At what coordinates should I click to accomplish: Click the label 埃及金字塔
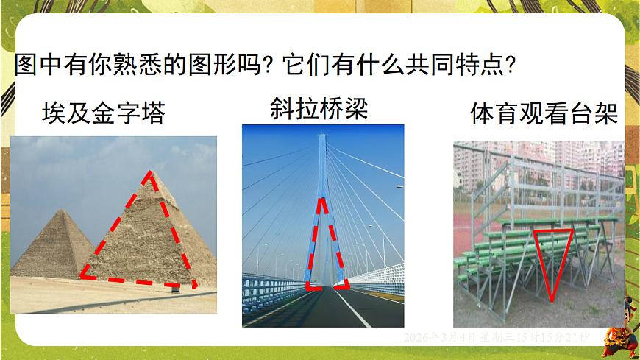point(103,113)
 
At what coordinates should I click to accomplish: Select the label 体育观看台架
point(543,115)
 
